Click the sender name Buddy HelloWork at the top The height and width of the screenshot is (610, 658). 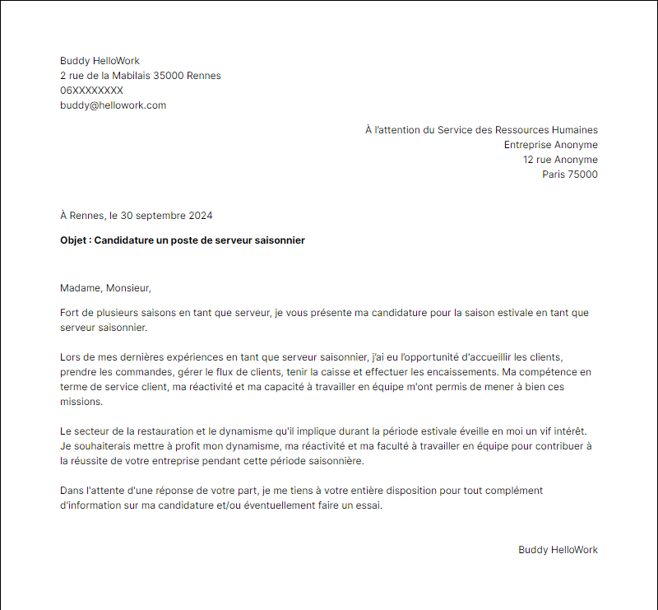coord(100,61)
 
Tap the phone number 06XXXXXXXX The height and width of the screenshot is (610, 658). coord(91,91)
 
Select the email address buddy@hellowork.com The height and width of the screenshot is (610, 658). coord(113,105)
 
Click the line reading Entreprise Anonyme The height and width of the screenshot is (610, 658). coord(550,145)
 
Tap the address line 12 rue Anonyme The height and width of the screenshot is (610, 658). coord(560,160)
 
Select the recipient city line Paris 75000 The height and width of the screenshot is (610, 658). coord(569,175)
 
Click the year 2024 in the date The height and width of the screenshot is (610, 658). coord(200,216)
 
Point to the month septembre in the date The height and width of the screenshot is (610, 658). coord(160,216)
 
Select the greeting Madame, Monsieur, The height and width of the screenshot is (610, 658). coord(106,288)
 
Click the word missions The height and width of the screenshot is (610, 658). coord(81,402)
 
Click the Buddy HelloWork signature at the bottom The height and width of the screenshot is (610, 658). coord(558,550)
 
